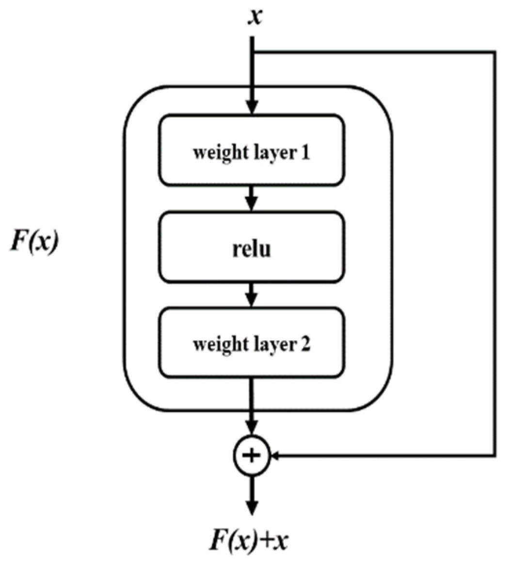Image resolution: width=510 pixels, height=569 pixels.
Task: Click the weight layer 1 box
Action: [252, 150]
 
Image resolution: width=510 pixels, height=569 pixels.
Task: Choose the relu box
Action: [252, 247]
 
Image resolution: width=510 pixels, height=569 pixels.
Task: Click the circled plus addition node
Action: [251, 456]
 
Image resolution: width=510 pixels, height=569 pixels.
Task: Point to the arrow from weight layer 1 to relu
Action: [251, 198]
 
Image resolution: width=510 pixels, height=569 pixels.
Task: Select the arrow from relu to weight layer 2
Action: [251, 294]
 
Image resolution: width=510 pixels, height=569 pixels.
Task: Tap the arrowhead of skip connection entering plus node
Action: [275, 456]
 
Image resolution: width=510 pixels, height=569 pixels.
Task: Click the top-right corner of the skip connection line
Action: [494, 51]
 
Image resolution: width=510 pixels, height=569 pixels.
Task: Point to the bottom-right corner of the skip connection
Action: [494, 456]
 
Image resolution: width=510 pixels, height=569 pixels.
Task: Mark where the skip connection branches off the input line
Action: [252, 51]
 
